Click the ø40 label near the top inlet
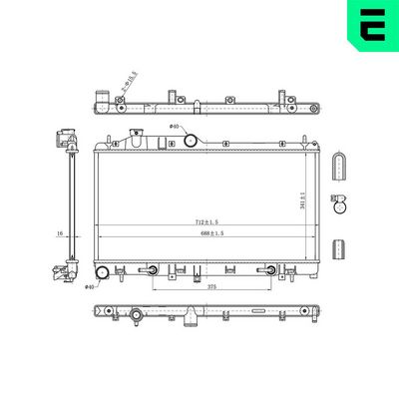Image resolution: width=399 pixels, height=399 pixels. coord(175,127)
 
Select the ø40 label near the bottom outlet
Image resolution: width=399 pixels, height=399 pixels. coord(89,287)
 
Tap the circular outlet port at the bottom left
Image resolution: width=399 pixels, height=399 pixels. coord(102,272)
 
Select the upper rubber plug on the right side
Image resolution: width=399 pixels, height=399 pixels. coord(340,167)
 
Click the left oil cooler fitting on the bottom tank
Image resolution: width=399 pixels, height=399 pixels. coord(149,269)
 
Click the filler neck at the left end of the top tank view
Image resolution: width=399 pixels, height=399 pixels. coord(101,101)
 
